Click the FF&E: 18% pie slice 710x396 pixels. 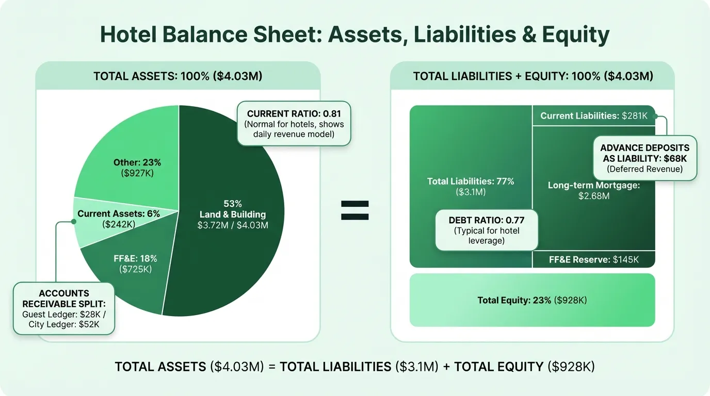pyautogui.click(x=135, y=263)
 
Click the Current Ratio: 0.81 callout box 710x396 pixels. pyautogui.click(x=294, y=124)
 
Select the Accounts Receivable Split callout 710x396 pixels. pyautogui.click(x=64, y=308)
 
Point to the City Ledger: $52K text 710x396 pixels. pyautogui.click(x=64, y=324)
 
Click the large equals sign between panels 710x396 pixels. pyautogui.click(x=355, y=210)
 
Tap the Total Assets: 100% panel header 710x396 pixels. pyautogui.click(x=178, y=76)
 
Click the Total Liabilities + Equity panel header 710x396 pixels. pyautogui.click(x=533, y=76)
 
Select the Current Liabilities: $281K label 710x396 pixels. pyautogui.click(x=593, y=116)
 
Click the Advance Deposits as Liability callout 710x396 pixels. pyautogui.click(x=645, y=158)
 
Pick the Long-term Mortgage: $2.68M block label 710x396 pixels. pyautogui.click(x=593, y=190)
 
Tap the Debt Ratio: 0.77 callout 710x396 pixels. pyautogui.click(x=486, y=230)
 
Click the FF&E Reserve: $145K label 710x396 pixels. pyautogui.click(x=593, y=259)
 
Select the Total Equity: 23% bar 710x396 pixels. pyautogui.click(x=532, y=300)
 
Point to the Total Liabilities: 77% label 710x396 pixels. pyautogui.click(x=471, y=186)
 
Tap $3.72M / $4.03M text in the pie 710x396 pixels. pyautogui.click(x=233, y=225)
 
